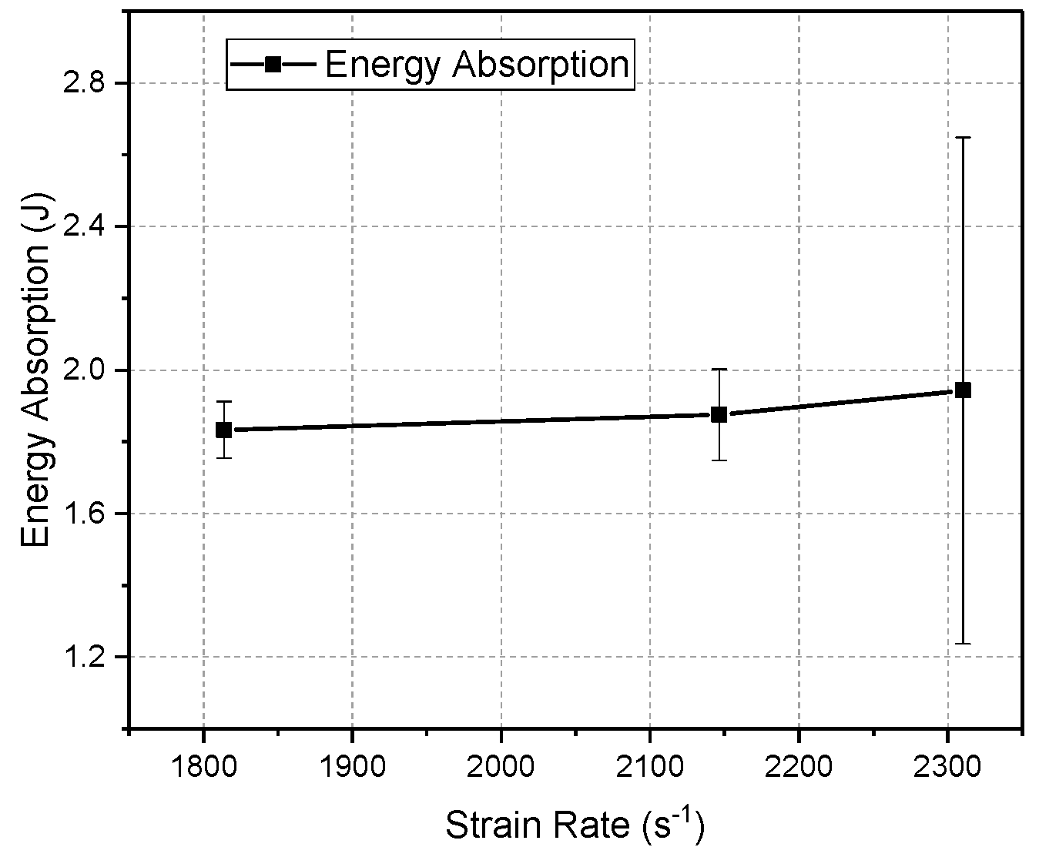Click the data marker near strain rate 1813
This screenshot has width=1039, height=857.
click(223, 430)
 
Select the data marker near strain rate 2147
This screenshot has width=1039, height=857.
click(719, 414)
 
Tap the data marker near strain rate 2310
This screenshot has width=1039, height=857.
click(963, 390)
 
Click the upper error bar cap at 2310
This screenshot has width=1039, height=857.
click(963, 137)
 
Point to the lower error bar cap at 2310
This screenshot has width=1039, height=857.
click(963, 643)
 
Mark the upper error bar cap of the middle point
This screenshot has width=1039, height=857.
click(719, 369)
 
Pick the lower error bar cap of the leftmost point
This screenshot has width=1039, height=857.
click(223, 458)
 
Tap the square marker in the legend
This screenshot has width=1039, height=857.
click(273, 65)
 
